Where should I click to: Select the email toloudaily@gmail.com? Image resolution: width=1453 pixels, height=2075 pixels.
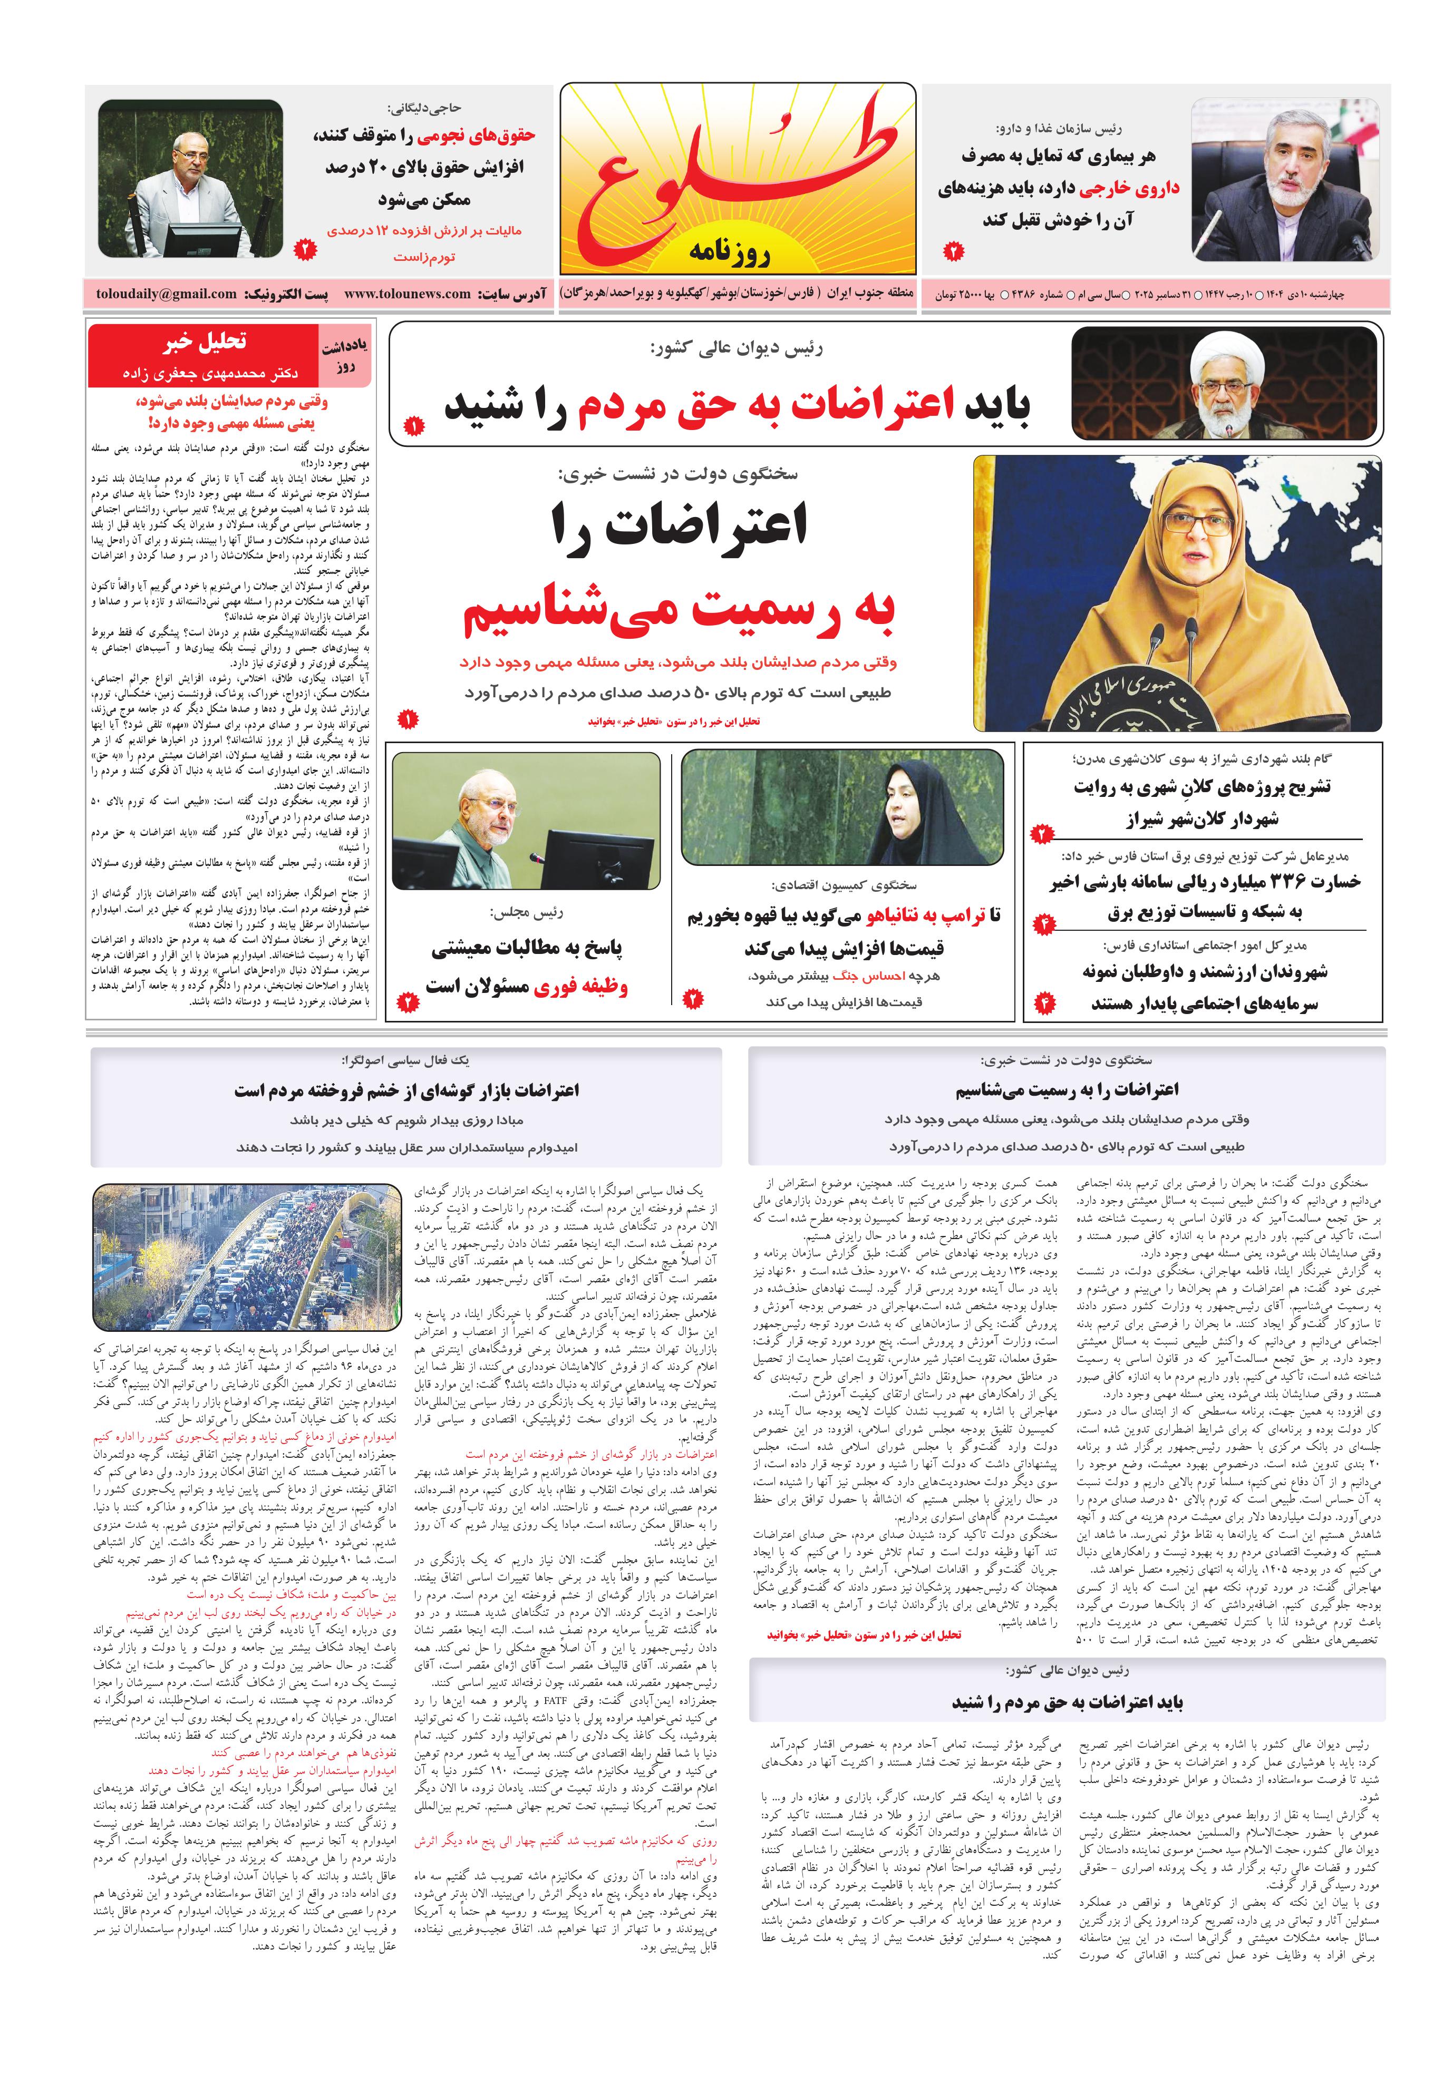167,294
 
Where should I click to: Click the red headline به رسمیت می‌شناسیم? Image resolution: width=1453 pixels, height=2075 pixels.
678,609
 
